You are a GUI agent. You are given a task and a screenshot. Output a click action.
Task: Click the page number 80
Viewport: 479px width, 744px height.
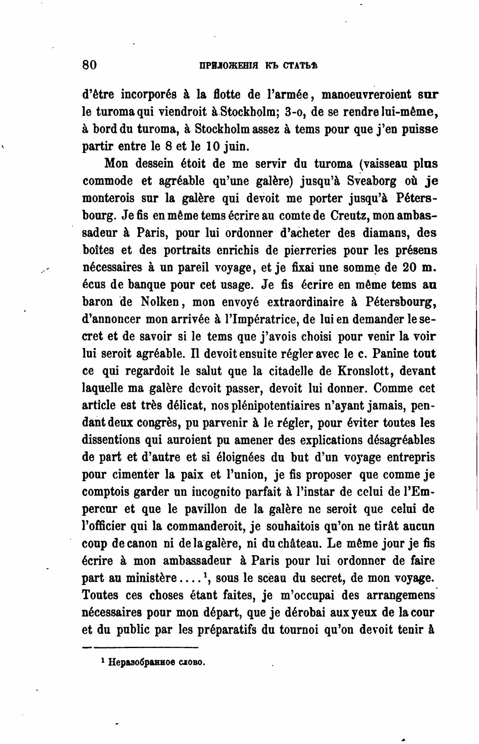pyautogui.click(x=90, y=65)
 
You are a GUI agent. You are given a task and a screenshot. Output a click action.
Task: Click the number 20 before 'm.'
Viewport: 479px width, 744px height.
pyautogui.click(x=410, y=267)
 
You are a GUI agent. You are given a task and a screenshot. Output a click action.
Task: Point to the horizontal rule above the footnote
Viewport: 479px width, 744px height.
pyautogui.click(x=140, y=647)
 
